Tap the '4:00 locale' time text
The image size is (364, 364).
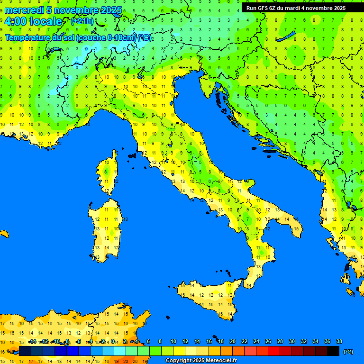(x=33, y=21)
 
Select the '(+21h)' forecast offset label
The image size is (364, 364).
(x=82, y=21)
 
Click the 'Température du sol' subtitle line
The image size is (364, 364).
(x=78, y=38)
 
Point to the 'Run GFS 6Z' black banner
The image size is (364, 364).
(x=296, y=8)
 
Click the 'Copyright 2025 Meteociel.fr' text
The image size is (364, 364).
(x=201, y=361)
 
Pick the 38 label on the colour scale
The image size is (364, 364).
(x=339, y=341)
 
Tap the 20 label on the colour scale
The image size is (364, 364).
(x=233, y=341)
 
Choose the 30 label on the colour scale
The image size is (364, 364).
(x=292, y=341)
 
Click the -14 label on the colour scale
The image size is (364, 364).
(x=32, y=341)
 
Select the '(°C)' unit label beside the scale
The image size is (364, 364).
(x=348, y=352)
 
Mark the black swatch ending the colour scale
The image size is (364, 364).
(x=333, y=351)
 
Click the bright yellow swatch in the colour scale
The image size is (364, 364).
(x=179, y=351)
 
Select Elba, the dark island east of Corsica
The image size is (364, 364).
(x=132, y=155)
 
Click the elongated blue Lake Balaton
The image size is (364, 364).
(x=288, y=37)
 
